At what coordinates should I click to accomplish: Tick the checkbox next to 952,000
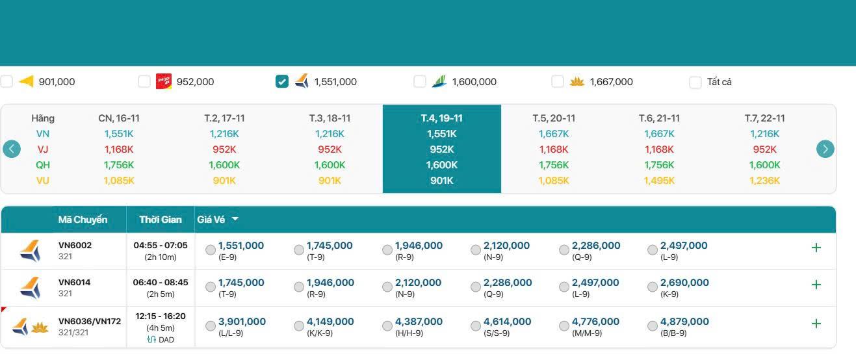[x=144, y=82]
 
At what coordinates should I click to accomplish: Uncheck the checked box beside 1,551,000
[x=282, y=82]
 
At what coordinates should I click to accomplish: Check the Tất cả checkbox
[x=695, y=82]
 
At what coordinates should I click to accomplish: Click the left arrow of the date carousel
[x=12, y=149]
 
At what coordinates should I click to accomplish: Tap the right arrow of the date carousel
[x=825, y=149]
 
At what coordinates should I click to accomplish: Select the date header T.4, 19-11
[x=441, y=118]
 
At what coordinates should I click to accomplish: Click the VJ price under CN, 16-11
[x=119, y=149]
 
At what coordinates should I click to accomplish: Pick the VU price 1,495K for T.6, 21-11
[x=659, y=181]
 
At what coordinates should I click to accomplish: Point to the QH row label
[x=43, y=165]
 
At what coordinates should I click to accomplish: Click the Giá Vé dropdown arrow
[x=235, y=219]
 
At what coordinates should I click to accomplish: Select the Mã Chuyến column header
[x=83, y=220]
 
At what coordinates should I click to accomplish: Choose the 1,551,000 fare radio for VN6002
[x=211, y=250]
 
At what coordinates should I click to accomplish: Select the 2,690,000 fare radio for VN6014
[x=653, y=287]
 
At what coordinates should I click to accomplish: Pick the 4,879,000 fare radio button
[x=653, y=326]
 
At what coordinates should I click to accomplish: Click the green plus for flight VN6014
[x=816, y=285]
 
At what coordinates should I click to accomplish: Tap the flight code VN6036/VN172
[x=90, y=321]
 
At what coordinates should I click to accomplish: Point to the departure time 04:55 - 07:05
[x=160, y=246]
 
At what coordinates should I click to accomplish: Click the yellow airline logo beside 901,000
[x=26, y=82]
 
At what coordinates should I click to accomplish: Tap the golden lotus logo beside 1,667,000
[x=577, y=82]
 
